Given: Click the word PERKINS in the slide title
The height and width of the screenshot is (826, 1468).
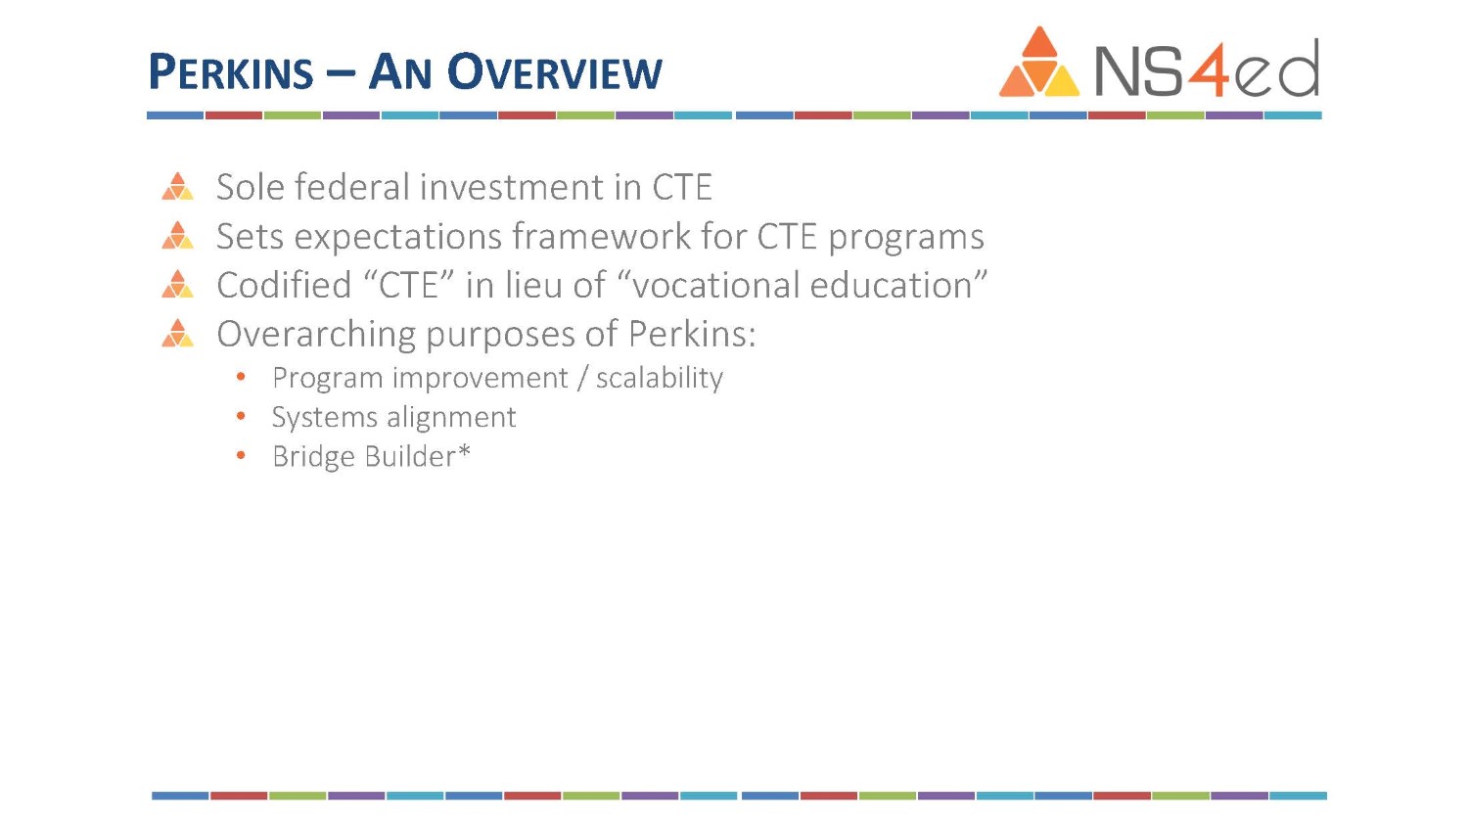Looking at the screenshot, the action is tap(231, 71).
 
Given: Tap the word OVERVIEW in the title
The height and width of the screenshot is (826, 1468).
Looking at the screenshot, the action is tap(555, 71).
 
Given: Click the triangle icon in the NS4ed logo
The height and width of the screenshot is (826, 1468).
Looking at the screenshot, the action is tap(1038, 62).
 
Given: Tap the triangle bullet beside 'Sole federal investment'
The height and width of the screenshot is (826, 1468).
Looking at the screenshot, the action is tap(177, 186).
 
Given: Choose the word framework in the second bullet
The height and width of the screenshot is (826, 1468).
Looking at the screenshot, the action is tap(601, 236).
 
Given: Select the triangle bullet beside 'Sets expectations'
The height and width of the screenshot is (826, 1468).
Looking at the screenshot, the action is tap(177, 235).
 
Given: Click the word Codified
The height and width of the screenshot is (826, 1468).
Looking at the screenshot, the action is tap(284, 285).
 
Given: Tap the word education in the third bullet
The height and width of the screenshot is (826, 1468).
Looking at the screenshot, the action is tap(892, 285).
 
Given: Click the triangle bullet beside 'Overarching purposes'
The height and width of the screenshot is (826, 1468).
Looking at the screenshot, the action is tap(177, 333).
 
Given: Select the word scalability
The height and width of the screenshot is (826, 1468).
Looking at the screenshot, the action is tap(660, 378).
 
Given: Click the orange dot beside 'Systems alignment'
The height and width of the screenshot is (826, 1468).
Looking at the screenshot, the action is tap(241, 416).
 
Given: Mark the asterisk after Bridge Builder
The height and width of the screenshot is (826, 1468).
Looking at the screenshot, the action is tap(464, 452).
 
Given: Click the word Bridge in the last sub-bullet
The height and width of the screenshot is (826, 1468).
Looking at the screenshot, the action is tap(314, 458).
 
